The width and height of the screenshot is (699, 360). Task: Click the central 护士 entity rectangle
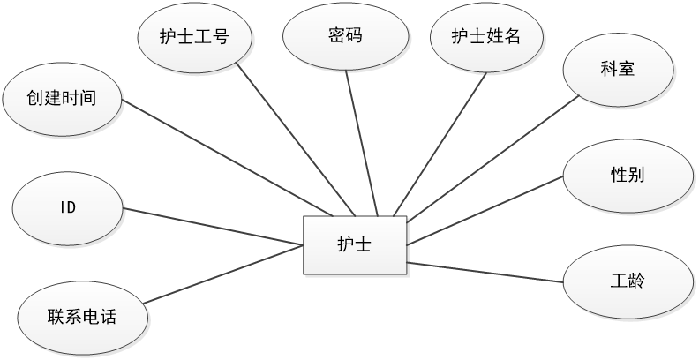(355, 245)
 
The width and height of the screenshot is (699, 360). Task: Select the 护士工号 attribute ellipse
(195, 37)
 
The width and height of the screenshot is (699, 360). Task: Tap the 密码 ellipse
(346, 37)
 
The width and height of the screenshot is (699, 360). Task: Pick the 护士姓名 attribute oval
(485, 37)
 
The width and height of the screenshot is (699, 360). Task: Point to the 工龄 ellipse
(627, 281)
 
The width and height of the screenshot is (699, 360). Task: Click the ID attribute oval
(68, 208)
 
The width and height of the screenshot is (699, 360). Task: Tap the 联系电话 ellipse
(81, 315)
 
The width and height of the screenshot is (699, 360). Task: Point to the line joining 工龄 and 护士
(485, 272)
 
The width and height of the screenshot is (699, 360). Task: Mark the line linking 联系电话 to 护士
(222, 275)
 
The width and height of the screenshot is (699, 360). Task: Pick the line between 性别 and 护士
(485, 208)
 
